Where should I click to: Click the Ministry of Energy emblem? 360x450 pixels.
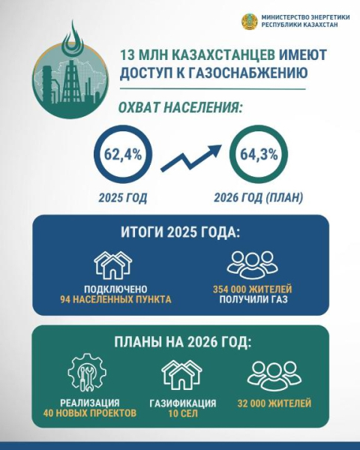point(250,22)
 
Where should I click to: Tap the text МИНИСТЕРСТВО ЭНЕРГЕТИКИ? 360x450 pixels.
point(300,17)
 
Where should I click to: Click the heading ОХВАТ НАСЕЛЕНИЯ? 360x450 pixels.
point(180,108)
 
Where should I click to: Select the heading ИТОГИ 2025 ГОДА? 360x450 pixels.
point(180,232)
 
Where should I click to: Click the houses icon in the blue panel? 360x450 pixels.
point(112,264)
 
